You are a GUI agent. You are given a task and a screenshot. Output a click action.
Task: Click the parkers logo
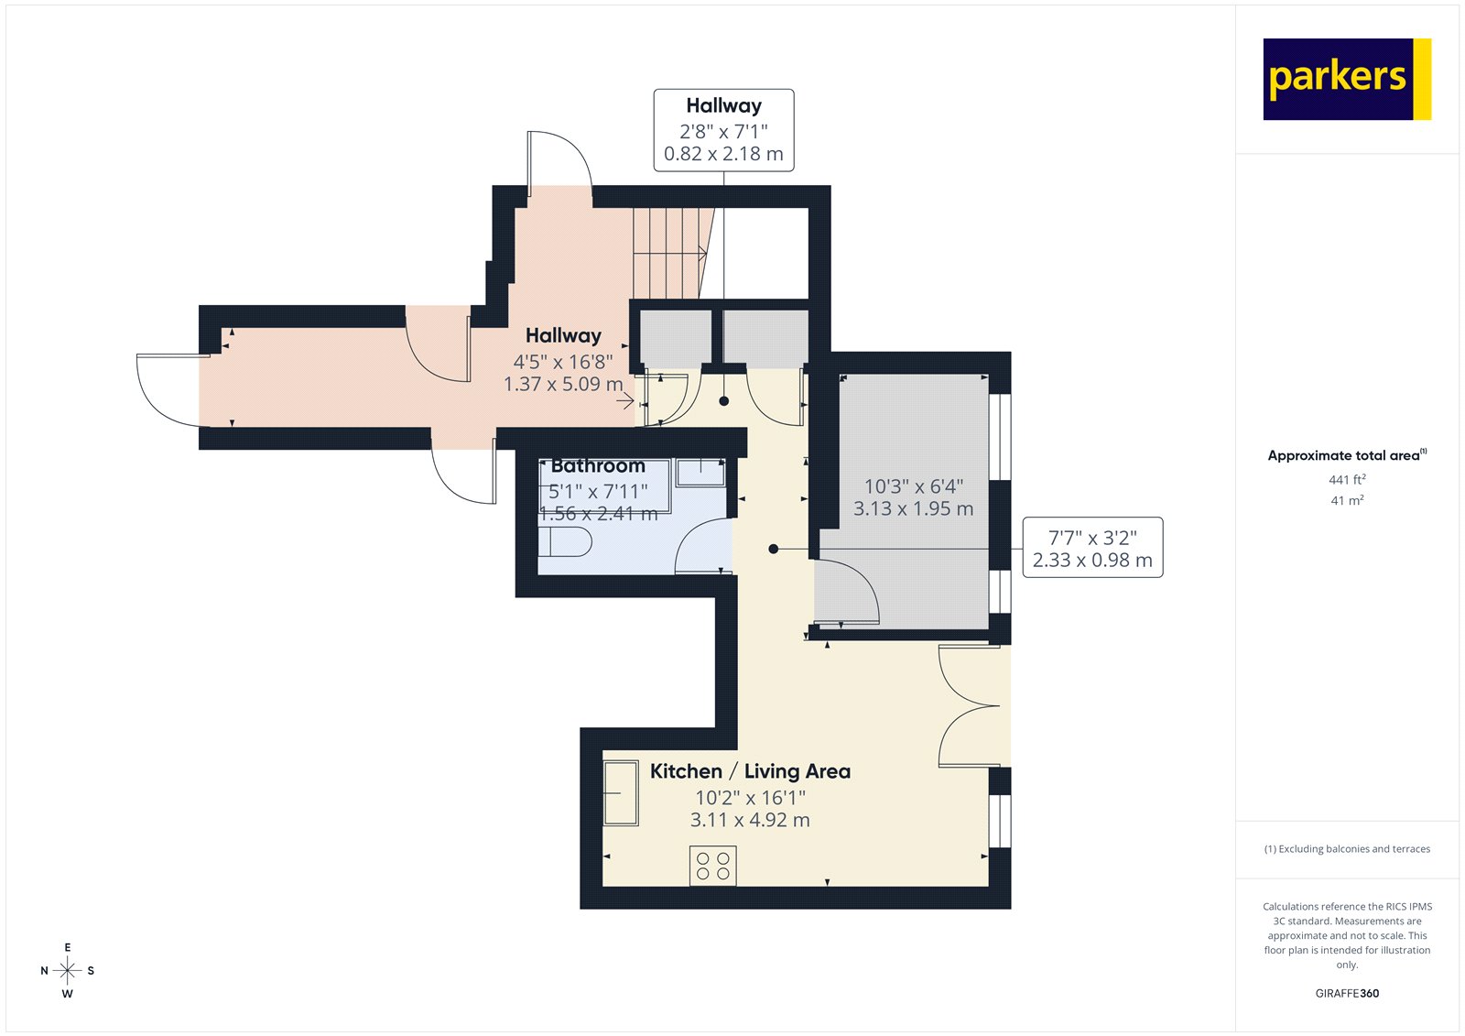tap(1346, 79)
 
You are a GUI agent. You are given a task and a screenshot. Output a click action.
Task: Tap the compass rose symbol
tap(67, 970)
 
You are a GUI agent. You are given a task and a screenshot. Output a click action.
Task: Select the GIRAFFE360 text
tap(1347, 993)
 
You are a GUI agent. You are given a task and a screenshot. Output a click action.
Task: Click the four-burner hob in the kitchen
tap(712, 866)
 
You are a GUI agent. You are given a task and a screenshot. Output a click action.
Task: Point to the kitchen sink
tap(621, 793)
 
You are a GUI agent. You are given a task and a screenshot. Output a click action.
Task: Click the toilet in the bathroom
tap(565, 542)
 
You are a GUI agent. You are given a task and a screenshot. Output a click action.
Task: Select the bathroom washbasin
tap(700, 473)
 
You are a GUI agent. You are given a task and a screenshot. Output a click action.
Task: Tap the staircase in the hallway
tap(670, 252)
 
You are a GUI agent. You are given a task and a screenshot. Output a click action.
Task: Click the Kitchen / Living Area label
tap(750, 771)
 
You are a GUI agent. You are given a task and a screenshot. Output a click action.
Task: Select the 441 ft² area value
tap(1347, 479)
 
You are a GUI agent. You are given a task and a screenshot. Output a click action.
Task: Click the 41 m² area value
tap(1347, 500)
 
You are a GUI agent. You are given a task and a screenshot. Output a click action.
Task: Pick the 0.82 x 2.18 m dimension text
tap(723, 154)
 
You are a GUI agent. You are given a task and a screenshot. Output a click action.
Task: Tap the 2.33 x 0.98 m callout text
tap(1092, 560)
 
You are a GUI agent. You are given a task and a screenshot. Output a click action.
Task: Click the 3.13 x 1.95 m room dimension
tap(913, 508)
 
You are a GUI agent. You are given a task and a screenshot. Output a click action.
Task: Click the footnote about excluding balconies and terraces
tap(1347, 849)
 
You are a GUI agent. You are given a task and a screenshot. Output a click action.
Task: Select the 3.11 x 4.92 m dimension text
tap(750, 820)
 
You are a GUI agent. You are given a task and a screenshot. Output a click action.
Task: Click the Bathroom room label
tap(598, 466)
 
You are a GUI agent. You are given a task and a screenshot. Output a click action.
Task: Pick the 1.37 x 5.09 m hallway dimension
tap(562, 384)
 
